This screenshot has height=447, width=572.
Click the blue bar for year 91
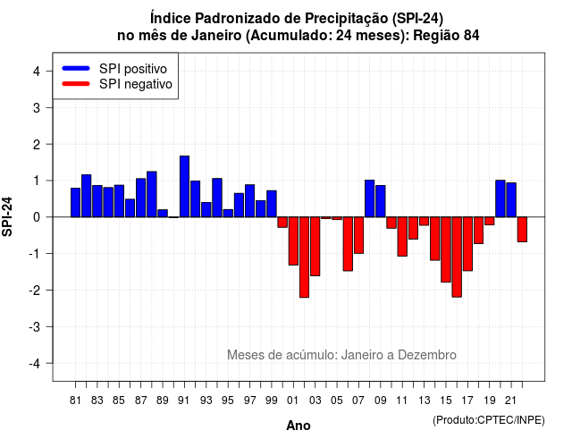coord(184,187)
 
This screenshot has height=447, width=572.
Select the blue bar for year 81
coord(75,203)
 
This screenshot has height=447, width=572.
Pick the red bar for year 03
coord(315,247)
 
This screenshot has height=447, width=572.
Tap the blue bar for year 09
coord(381,201)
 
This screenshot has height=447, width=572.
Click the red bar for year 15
coord(446,249)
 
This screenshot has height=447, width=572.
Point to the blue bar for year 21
coord(511,200)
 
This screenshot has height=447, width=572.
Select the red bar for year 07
coord(359,235)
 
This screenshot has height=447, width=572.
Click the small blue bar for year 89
coord(163,214)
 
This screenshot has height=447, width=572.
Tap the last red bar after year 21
coord(522,230)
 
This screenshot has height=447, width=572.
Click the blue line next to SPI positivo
coord(76,68)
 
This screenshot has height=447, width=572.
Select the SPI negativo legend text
coord(136,84)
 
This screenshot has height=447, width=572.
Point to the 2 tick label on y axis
coord(37,145)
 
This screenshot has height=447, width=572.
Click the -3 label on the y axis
coord(35,327)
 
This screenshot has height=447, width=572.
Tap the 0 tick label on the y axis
coord(37,217)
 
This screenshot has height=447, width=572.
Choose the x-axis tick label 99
coord(272,401)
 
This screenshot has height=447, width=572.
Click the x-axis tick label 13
coord(425,401)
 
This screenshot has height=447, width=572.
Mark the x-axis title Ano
coord(299,426)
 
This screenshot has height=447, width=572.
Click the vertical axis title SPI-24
coord(7,216)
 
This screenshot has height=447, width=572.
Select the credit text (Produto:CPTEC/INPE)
coord(489,420)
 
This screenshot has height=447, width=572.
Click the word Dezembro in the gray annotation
coord(427,355)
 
